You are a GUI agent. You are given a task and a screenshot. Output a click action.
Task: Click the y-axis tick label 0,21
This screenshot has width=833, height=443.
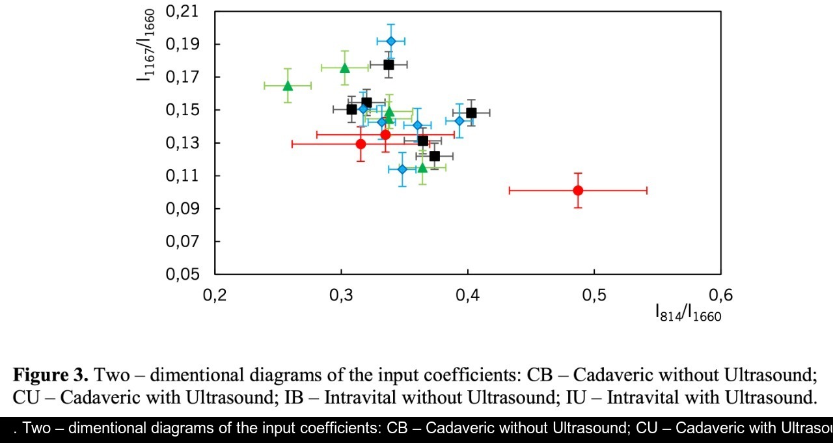pos(183,11)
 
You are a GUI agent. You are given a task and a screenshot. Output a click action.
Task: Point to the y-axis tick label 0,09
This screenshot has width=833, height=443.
pos(183,208)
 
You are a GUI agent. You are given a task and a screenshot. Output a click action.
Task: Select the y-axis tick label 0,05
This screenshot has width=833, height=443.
pos(183,274)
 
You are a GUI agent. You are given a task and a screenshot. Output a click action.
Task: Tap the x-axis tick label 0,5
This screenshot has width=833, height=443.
pos(594,295)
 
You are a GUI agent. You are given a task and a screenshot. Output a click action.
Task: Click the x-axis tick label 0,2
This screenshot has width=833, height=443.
pos(215,295)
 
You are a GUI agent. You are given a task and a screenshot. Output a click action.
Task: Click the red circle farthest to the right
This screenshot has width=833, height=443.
pos(578,190)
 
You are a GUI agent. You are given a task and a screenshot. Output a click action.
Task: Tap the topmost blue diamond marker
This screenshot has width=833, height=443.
pos(391,41)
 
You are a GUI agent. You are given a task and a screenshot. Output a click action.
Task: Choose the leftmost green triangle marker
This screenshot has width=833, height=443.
pos(288,86)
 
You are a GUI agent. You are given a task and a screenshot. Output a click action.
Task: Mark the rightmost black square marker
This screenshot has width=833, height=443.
pos(471,113)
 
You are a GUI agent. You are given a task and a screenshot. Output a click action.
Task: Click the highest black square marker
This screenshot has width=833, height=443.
pos(389,64)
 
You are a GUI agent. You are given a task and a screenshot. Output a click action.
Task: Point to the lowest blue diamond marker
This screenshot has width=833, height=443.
pos(402,169)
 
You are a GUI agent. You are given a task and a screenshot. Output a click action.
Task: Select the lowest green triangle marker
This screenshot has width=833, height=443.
pos(422,168)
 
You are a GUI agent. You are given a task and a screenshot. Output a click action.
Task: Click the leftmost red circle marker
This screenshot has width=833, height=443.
pos(361,144)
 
